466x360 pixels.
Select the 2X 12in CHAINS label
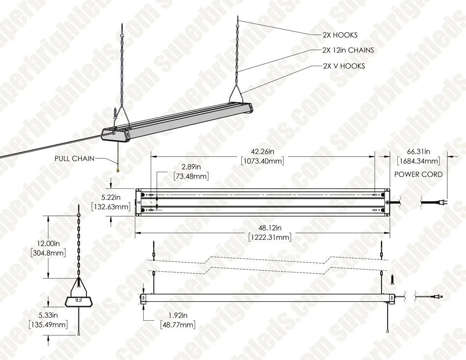click(348, 50)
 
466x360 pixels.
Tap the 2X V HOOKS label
click(343, 66)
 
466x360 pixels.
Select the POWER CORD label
click(418, 174)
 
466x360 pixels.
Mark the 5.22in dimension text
click(111, 198)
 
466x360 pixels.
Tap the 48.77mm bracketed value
click(178, 325)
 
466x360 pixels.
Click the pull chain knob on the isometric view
click(118, 169)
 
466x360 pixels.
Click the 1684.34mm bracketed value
click(418, 161)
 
